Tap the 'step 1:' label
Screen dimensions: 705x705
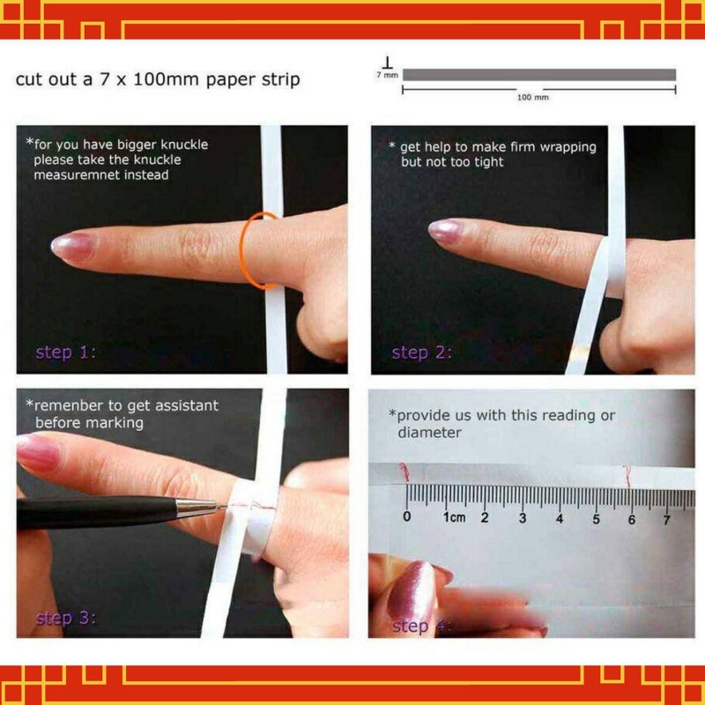[x=65, y=352]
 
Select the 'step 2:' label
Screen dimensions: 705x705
[x=421, y=353]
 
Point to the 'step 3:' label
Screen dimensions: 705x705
[x=65, y=619]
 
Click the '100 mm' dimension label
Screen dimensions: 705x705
[x=533, y=97]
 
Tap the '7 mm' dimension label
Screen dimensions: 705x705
[x=387, y=75]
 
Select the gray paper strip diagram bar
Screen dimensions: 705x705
[x=539, y=75]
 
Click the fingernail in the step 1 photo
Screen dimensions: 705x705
[x=72, y=247]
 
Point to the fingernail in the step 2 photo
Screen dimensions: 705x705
[x=444, y=230]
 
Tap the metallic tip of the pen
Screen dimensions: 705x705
[x=202, y=507]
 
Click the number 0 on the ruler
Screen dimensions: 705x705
[x=407, y=516]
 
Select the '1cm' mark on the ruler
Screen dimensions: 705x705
[x=454, y=517]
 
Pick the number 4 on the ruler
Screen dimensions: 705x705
[x=560, y=519]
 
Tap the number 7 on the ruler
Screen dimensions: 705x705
[x=666, y=520]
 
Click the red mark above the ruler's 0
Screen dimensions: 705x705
[x=404, y=472]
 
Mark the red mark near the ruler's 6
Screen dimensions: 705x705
[x=627, y=477]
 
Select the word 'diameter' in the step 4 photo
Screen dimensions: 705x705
[x=429, y=433]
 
